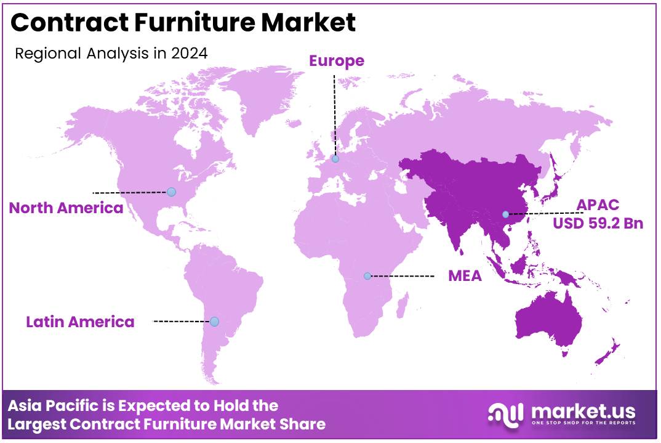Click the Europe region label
click(x=336, y=60)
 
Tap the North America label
click(x=66, y=208)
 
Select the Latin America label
click(x=80, y=321)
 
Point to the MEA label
click(x=465, y=275)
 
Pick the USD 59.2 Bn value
click(x=598, y=223)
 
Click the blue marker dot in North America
click(x=171, y=192)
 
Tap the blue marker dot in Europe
click(x=335, y=159)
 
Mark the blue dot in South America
click(x=214, y=321)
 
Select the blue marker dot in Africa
click(x=367, y=276)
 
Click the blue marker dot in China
click(x=505, y=214)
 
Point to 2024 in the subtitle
click(x=190, y=53)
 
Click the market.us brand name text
click(x=582, y=410)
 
